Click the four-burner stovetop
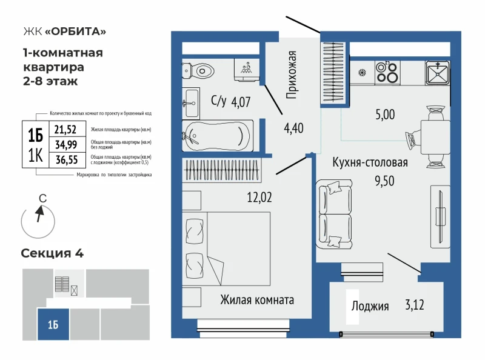click(x=386, y=72)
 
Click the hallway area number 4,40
click(x=294, y=128)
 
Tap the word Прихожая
click(x=292, y=75)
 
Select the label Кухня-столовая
click(x=369, y=162)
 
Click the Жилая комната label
click(x=257, y=300)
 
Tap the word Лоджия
click(x=370, y=306)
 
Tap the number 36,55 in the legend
click(x=66, y=160)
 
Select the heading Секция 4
click(x=52, y=253)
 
